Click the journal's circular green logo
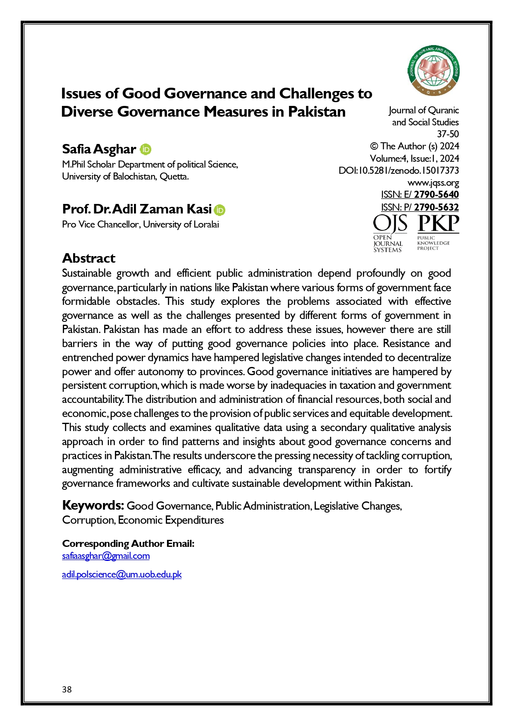pyautogui.click(x=433, y=71)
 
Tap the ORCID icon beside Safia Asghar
pyautogui.click(x=146, y=149)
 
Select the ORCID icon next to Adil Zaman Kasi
pyautogui.click(x=220, y=210)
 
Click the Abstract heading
pyautogui.click(x=88, y=258)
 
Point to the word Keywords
pyautogui.click(x=93, y=505)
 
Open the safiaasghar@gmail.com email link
pyautogui.click(x=106, y=556)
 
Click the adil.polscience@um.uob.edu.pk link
pyautogui.click(x=122, y=575)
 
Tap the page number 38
pyautogui.click(x=67, y=689)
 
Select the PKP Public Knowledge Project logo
pyautogui.click(x=438, y=232)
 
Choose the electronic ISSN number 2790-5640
pyautogui.click(x=436, y=195)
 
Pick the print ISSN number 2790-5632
pyautogui.click(x=436, y=207)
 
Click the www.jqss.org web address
pyautogui.click(x=433, y=183)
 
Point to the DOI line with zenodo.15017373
pyautogui.click(x=398, y=170)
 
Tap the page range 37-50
pyautogui.click(x=448, y=134)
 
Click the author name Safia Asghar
pyautogui.click(x=99, y=149)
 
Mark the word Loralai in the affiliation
pyautogui.click(x=206, y=225)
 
